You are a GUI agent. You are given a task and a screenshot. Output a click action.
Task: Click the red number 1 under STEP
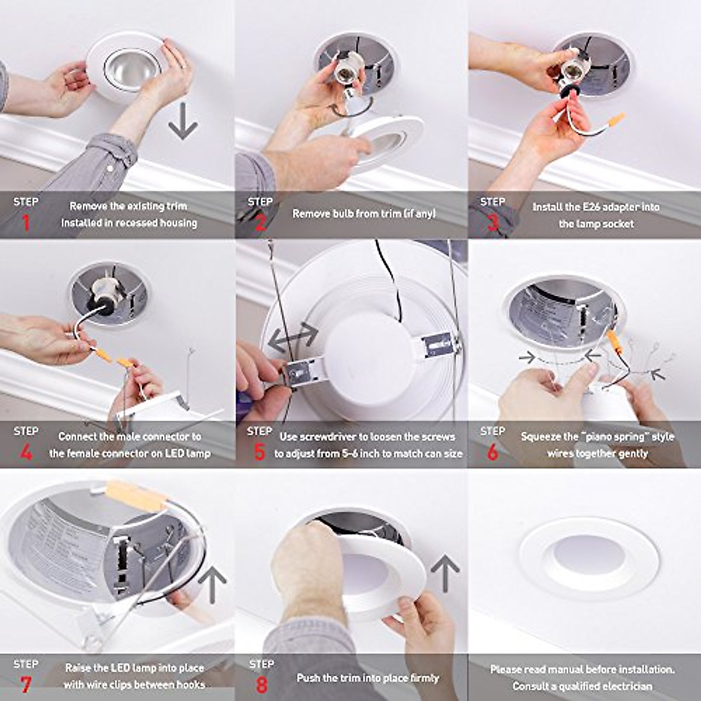[25, 223]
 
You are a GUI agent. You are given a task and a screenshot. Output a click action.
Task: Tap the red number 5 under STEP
[259, 453]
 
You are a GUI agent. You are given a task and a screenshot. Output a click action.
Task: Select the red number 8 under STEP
[260, 684]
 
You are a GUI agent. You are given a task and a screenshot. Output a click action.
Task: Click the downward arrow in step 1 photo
[183, 122]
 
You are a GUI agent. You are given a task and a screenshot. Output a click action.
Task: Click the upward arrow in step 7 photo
[211, 585]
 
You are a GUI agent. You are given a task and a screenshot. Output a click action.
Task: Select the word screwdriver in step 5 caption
[332, 436]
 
